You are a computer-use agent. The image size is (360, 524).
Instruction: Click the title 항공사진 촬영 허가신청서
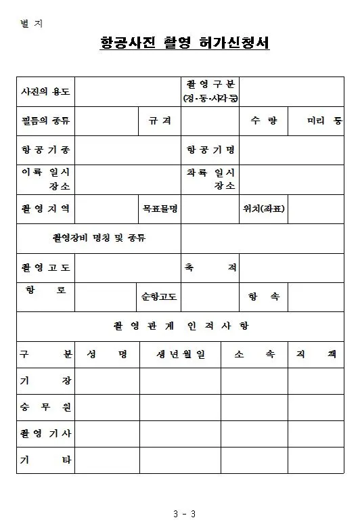tap(185, 43)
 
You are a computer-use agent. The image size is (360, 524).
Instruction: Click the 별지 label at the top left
tap(31, 24)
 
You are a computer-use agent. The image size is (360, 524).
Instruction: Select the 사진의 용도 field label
tap(45, 91)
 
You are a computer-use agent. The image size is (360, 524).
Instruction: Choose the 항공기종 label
tap(45, 150)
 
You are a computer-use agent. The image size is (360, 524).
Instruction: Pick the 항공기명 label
tap(210, 150)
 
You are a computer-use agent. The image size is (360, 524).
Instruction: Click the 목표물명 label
tap(160, 209)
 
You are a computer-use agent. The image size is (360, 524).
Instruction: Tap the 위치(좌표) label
tap(264, 209)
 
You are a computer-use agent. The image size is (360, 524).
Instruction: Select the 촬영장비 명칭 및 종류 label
tap(99, 238)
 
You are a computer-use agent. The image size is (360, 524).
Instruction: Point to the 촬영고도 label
tap(45, 267)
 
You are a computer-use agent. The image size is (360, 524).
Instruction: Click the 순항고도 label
tap(160, 297)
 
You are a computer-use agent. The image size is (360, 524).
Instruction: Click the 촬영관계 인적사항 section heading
tap(181, 326)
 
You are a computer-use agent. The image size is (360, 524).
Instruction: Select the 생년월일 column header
tap(181, 355)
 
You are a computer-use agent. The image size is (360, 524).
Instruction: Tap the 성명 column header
tap(107, 355)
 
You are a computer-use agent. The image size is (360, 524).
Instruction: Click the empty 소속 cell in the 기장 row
tap(254, 380)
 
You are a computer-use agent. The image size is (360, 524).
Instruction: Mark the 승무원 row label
tap(45, 407)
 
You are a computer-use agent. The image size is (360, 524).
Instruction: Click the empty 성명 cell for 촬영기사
tap(107, 433)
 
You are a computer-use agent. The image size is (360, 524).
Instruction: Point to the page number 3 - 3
tap(184, 512)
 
